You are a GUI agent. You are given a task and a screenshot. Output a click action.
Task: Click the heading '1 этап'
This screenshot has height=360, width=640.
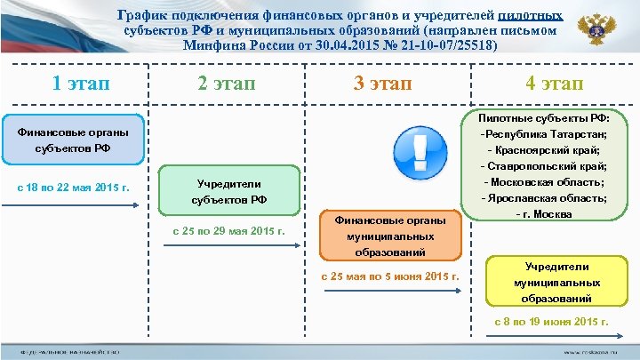coord(81,84)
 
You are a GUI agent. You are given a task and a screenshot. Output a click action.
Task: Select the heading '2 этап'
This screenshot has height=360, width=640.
coord(225,84)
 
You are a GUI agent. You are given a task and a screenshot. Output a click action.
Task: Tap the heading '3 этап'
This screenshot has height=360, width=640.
coord(383,84)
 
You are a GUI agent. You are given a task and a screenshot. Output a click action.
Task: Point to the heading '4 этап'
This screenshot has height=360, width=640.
coord(554,84)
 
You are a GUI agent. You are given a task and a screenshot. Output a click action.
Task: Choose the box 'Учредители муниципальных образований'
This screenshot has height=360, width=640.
coord(556,282)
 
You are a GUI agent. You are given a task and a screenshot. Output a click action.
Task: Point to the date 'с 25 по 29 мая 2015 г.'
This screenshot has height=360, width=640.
coord(228,232)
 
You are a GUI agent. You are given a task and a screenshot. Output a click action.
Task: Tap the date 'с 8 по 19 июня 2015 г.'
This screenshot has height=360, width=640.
coord(551,322)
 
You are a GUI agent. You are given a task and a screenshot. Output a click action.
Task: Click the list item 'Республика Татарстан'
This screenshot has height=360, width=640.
coord(544,133)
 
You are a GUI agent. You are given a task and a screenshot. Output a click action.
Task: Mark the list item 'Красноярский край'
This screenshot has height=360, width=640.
coord(548,149)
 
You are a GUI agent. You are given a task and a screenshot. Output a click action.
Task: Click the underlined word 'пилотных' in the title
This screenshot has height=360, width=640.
coord(530,15)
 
